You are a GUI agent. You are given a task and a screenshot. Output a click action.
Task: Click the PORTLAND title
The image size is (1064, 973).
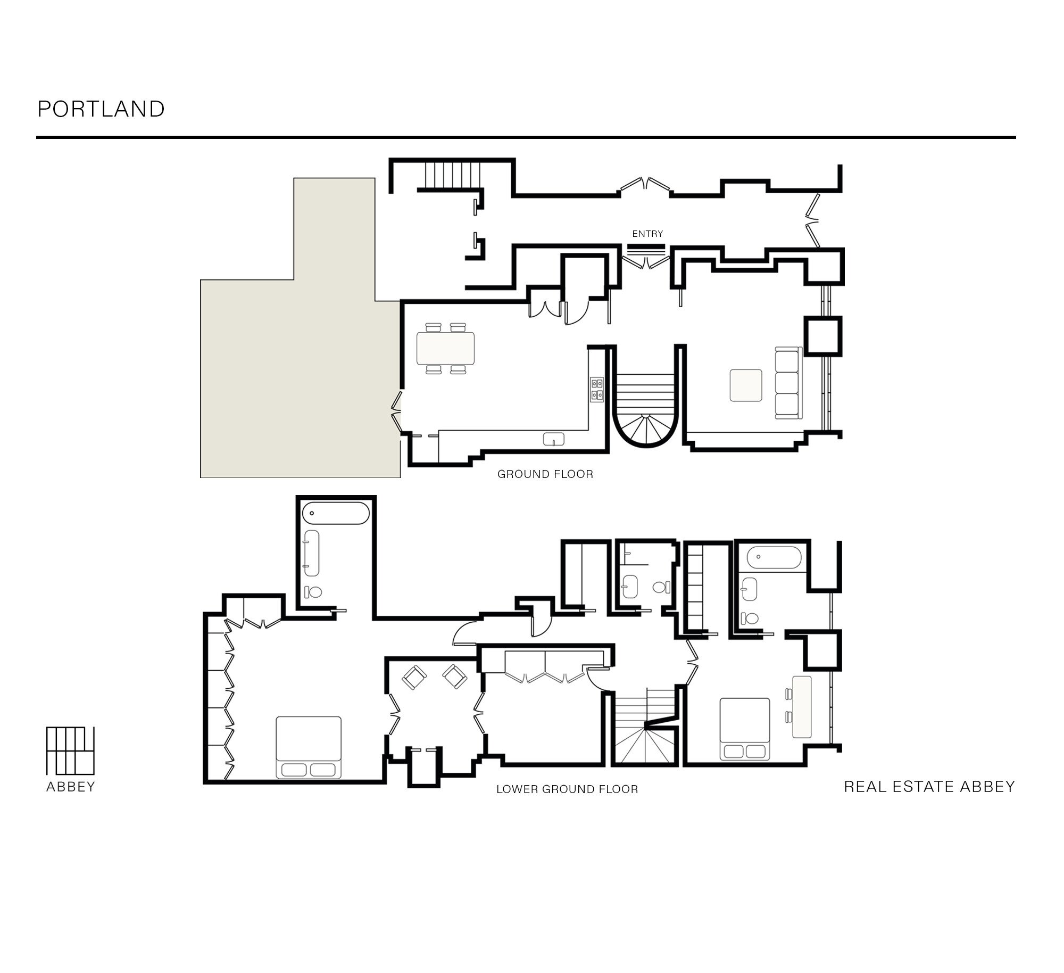pos(101,109)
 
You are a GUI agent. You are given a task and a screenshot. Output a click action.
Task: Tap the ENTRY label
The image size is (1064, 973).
pos(647,234)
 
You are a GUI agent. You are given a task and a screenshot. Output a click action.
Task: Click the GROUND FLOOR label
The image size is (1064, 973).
pos(545,474)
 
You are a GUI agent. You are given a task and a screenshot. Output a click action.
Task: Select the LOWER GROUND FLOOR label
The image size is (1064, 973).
pos(567,789)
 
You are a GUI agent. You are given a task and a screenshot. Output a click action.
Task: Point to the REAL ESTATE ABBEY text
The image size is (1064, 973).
pos(929,787)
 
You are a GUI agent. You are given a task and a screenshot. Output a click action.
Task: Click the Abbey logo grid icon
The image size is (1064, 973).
pos(70,750)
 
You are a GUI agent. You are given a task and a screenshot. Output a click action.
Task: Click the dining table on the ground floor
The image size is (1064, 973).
pos(446,348)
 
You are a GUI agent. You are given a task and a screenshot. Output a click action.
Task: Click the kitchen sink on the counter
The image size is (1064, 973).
pos(554,439)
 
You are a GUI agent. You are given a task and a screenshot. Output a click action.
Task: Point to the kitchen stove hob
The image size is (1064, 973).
pos(596,389)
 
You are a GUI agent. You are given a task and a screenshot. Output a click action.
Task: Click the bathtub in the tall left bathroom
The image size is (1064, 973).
pos(336,513)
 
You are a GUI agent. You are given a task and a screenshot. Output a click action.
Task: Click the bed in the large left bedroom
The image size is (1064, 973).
pos(309,747)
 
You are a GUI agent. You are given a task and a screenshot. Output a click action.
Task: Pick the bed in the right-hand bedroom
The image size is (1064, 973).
pos(745,729)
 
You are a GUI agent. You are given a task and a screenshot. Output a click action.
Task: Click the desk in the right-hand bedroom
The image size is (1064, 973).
pos(802,706)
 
